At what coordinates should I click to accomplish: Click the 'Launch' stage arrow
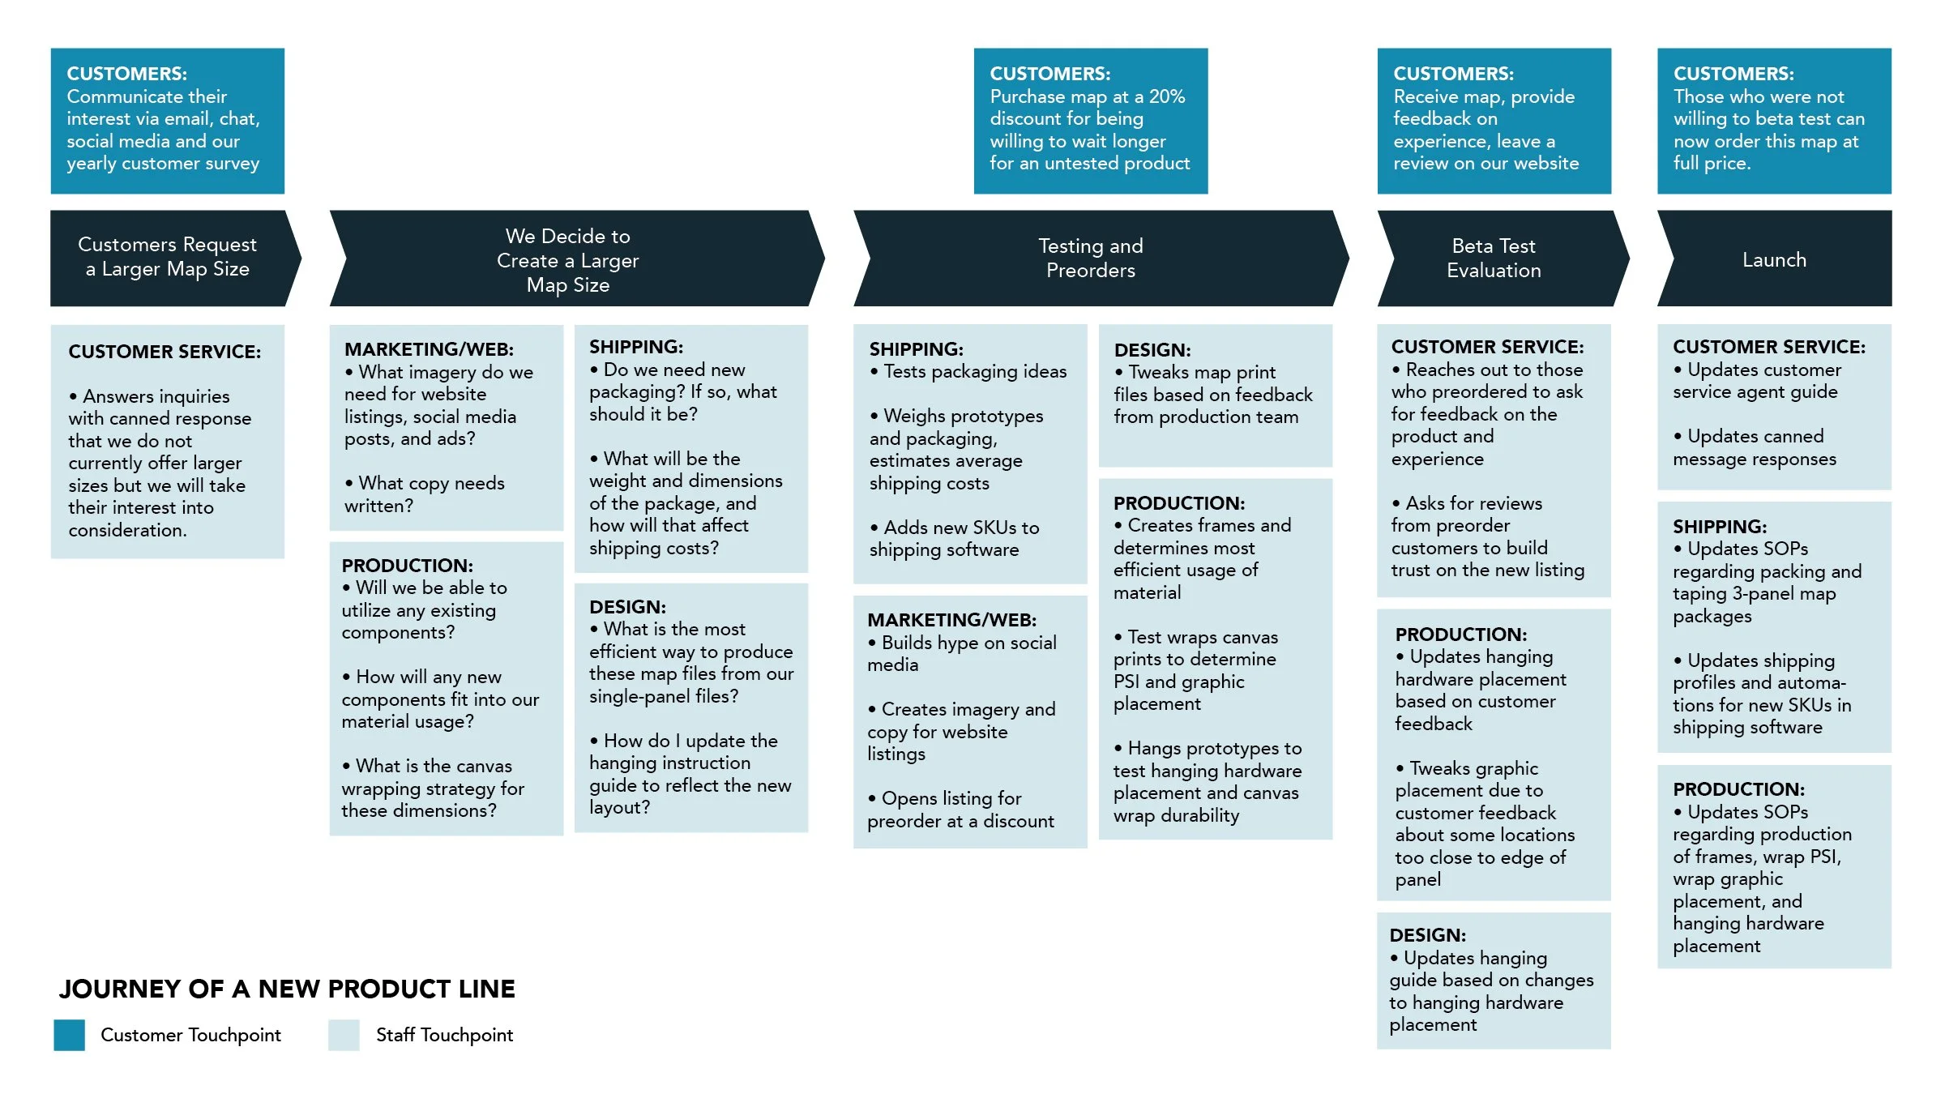click(x=1774, y=259)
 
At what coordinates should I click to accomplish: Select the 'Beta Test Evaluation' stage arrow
click(x=1494, y=259)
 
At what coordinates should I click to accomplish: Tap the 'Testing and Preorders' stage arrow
click(x=1091, y=259)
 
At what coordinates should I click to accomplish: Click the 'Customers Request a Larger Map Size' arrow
click(x=168, y=257)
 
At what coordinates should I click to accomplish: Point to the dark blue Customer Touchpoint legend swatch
click(x=70, y=1035)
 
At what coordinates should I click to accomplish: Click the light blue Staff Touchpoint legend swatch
click(x=344, y=1035)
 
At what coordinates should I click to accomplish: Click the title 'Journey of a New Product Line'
click(x=287, y=989)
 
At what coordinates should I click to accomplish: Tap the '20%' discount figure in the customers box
click(x=1167, y=96)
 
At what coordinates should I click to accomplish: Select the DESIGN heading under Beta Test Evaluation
click(x=1427, y=935)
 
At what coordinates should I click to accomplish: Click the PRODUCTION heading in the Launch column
click(x=1738, y=789)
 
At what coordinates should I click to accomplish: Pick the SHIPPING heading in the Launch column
click(x=1720, y=527)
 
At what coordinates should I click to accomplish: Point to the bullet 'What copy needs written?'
click(x=424, y=494)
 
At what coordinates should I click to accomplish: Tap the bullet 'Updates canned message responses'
click(x=1755, y=448)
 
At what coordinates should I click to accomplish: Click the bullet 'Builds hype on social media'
click(x=961, y=654)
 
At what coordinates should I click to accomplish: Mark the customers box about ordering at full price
click(x=1773, y=121)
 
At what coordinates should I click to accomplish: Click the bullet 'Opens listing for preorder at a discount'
click(x=960, y=810)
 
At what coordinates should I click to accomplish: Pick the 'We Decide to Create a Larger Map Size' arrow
click(x=568, y=259)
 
